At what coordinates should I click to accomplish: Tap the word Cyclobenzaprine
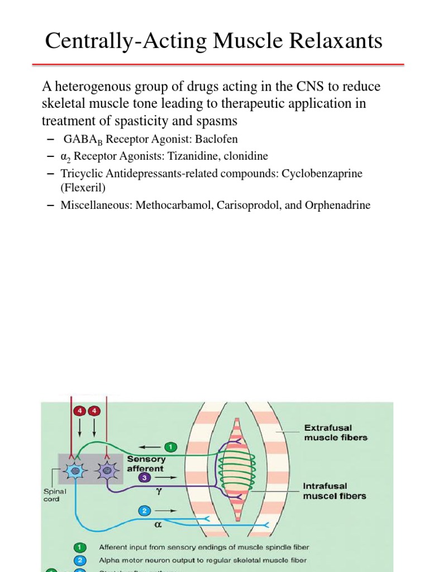[322, 174]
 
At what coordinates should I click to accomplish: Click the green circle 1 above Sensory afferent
[171, 446]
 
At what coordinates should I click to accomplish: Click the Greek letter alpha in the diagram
[157, 526]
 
